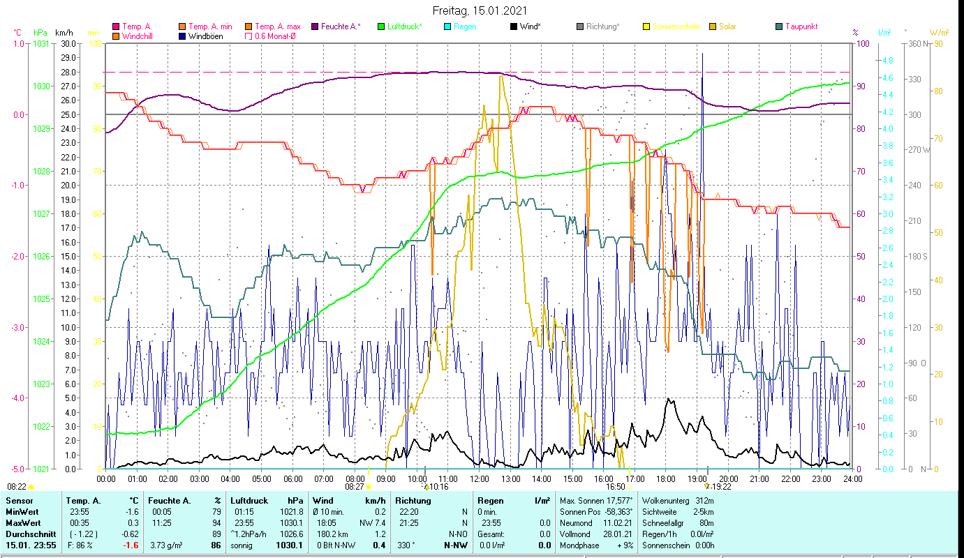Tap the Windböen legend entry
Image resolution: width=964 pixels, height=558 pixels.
pos(205,36)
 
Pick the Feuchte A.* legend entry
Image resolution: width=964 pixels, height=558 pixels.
pos(340,27)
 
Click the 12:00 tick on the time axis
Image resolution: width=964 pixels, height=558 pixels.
pos(479,478)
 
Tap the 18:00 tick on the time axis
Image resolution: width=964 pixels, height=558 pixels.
pos(666,478)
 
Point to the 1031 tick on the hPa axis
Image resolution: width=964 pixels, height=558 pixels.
pos(41,43)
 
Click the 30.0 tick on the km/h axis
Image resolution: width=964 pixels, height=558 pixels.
pos(68,43)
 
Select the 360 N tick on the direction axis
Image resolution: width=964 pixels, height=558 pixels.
pos(917,43)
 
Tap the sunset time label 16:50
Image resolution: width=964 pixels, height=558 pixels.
pos(615,487)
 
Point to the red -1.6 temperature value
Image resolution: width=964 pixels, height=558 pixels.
pos(130,545)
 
